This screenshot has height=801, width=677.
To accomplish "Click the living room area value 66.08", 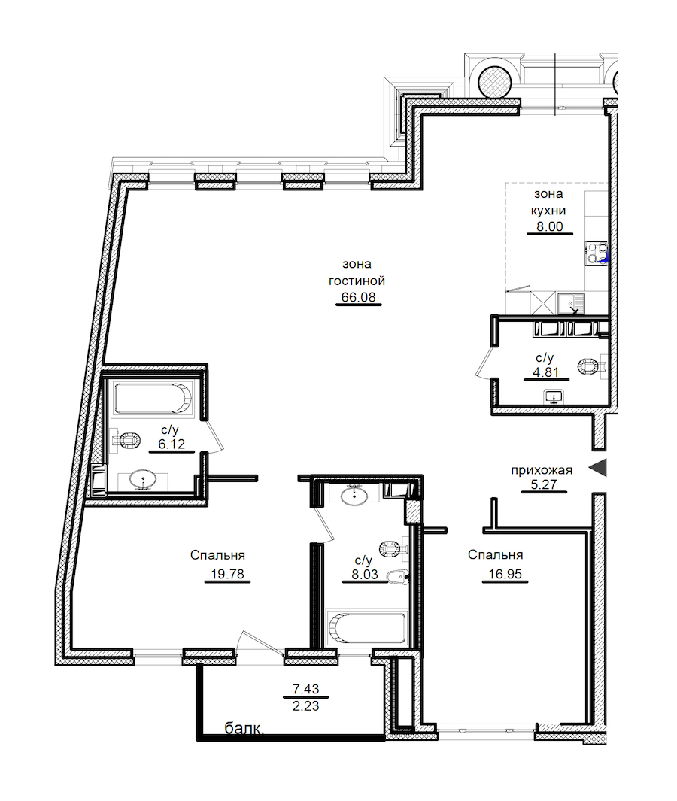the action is click(358, 297).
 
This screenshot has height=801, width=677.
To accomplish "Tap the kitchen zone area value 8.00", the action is click(550, 226).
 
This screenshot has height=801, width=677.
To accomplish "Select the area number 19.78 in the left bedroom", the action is click(227, 574).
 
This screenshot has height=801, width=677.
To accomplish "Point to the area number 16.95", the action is click(505, 574).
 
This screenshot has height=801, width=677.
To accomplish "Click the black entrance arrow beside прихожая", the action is click(598, 467).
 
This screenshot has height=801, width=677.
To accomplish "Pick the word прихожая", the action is click(542, 470).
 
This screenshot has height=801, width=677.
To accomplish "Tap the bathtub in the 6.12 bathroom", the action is click(153, 399).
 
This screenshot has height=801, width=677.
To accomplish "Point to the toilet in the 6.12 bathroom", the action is click(126, 440).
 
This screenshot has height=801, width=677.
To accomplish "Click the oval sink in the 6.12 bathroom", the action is click(143, 479).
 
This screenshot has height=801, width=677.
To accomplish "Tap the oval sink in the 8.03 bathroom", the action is click(354, 495).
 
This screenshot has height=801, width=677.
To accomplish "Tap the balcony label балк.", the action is click(244, 729).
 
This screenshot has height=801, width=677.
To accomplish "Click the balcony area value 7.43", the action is click(305, 689).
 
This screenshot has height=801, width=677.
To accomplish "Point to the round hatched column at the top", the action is click(495, 81).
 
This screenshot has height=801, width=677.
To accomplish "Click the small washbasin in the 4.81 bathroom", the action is click(554, 396).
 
